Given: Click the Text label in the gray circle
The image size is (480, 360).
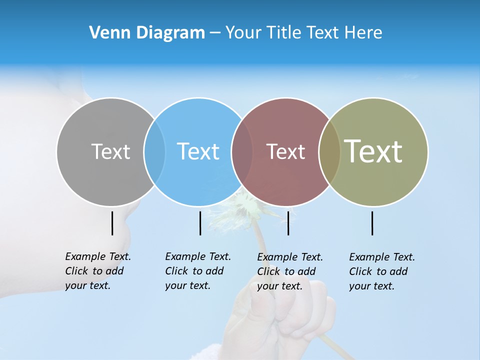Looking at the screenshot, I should pyautogui.click(x=110, y=151).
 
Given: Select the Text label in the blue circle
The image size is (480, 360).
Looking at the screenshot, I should pyautogui.click(x=198, y=151).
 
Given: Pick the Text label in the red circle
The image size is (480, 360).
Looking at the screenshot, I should pyautogui.click(x=285, y=151).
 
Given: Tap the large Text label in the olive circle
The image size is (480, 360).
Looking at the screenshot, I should pyautogui.click(x=373, y=151).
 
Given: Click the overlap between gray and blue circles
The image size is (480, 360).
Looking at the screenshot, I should pyautogui.click(x=154, y=151).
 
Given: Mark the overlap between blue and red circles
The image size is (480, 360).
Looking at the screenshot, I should pyautogui.click(x=242, y=151).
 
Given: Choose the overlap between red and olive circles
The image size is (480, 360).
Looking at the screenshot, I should pyautogui.click(x=329, y=151).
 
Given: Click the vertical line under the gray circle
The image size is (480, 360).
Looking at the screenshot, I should pyautogui.click(x=112, y=223).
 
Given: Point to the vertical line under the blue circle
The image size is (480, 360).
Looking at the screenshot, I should pyautogui.click(x=200, y=223).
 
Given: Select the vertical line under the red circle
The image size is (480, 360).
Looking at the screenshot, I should pyautogui.click(x=288, y=223).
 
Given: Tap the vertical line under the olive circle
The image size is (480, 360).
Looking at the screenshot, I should pyautogui.click(x=372, y=223).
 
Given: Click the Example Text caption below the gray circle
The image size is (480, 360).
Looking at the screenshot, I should pyautogui.click(x=97, y=271).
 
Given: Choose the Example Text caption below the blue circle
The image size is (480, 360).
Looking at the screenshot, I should pyautogui.click(x=197, y=271).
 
